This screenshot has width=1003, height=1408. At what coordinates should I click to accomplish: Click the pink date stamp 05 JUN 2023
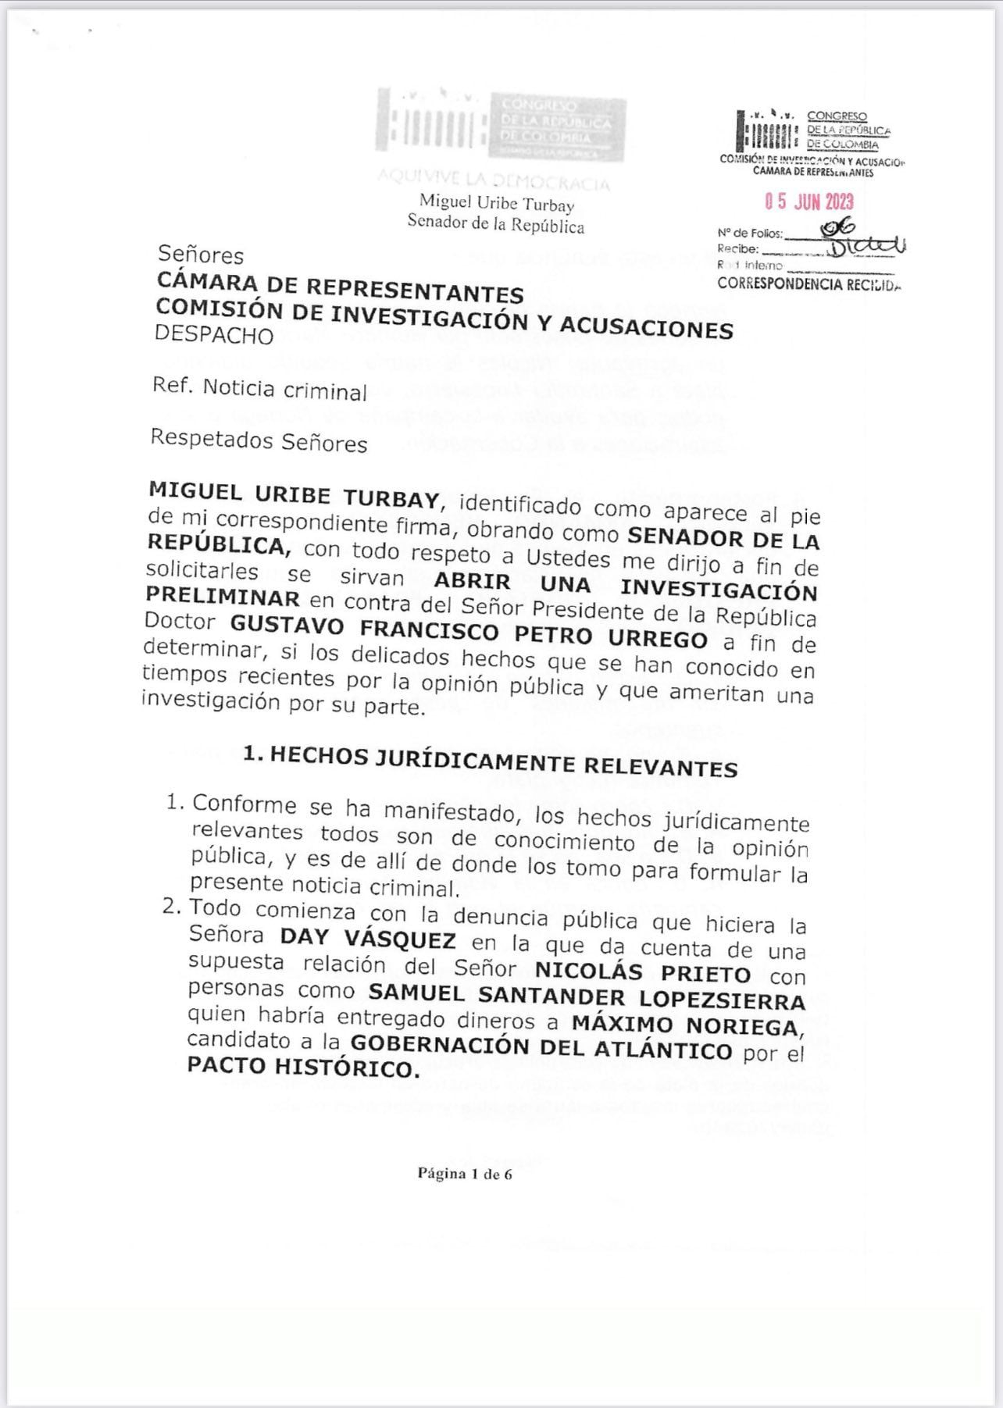(x=809, y=202)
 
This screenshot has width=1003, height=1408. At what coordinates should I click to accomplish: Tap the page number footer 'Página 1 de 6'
(x=465, y=1174)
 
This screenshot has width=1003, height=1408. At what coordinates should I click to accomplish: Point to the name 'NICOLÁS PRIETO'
(x=643, y=972)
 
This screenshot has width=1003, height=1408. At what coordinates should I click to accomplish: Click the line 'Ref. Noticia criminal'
(x=259, y=389)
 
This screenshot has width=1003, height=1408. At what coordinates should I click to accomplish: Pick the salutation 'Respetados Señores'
(x=259, y=441)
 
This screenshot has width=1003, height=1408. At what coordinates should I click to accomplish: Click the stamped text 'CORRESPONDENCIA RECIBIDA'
(x=808, y=283)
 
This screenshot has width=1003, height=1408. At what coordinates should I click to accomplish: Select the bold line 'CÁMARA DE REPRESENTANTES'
(x=340, y=287)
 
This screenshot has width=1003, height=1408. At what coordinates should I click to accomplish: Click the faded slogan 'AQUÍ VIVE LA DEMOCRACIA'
(x=493, y=180)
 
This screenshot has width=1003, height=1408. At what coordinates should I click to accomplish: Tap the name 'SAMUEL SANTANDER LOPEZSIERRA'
(x=587, y=998)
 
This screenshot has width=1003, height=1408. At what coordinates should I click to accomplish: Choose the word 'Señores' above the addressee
(x=201, y=255)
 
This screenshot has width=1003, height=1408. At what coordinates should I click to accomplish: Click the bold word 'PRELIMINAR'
(x=223, y=598)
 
